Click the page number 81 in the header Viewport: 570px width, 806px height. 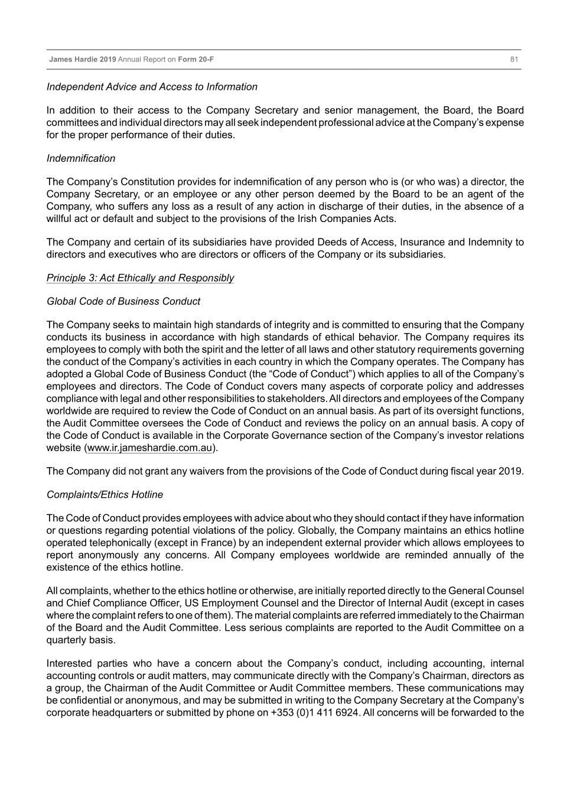[514, 60]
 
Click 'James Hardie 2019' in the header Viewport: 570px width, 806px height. [83, 60]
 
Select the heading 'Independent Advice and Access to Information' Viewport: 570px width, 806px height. [152, 87]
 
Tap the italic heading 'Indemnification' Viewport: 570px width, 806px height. [81, 158]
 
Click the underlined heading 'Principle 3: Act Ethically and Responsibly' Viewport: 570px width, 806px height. [140, 278]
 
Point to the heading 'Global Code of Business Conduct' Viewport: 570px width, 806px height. [123, 301]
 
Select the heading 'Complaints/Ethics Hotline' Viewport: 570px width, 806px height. [105, 495]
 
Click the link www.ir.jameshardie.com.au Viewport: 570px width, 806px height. [149, 448]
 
